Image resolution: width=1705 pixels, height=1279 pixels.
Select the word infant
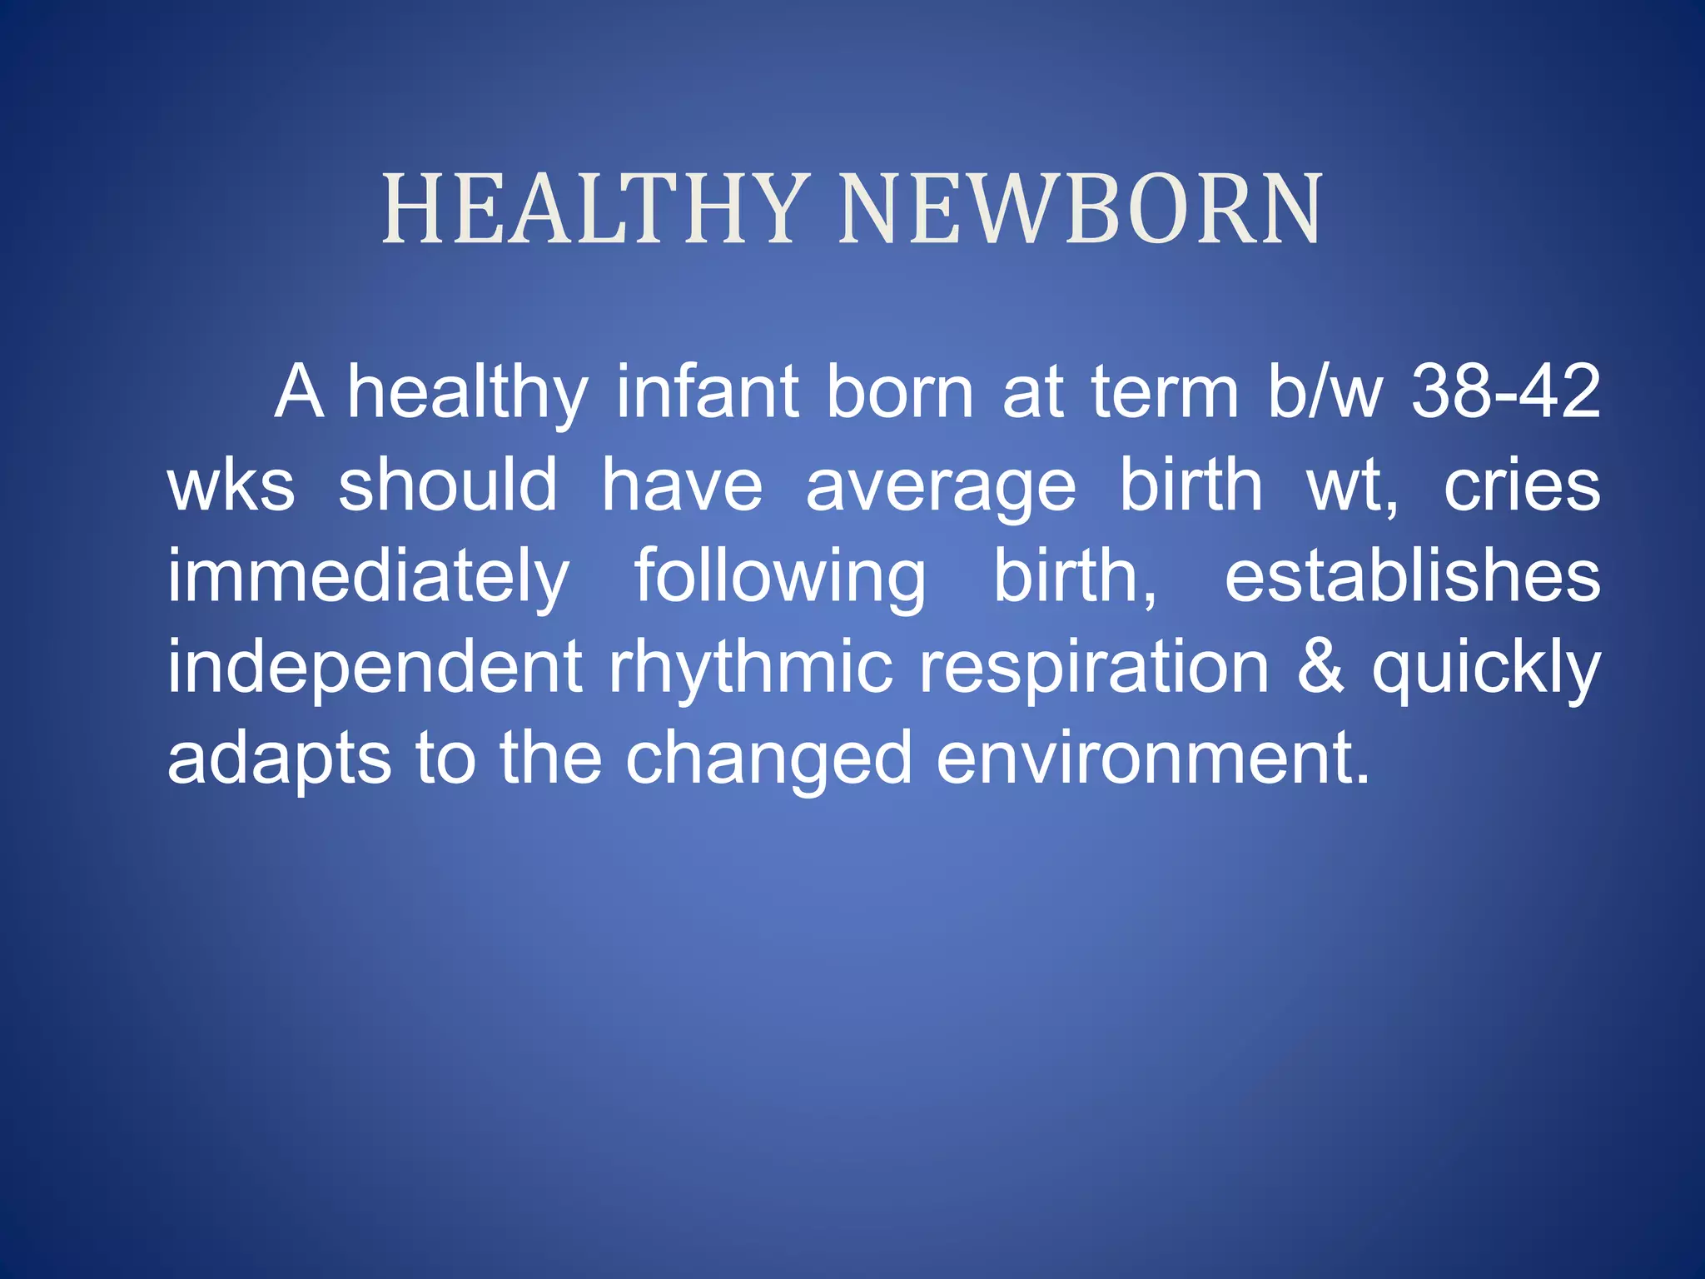(707, 393)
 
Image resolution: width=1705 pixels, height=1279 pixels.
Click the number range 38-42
(1505, 393)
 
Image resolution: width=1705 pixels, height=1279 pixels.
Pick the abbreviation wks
(231, 486)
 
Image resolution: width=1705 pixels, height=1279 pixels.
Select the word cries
(1521, 486)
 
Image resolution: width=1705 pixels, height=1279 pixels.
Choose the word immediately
(369, 579)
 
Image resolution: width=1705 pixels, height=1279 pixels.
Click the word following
(780, 579)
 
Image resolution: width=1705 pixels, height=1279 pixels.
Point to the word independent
(375, 669)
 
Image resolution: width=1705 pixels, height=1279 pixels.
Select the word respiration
(1093, 669)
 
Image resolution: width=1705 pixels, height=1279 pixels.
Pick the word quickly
(1486, 669)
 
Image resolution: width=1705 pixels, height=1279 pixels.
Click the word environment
(1152, 759)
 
